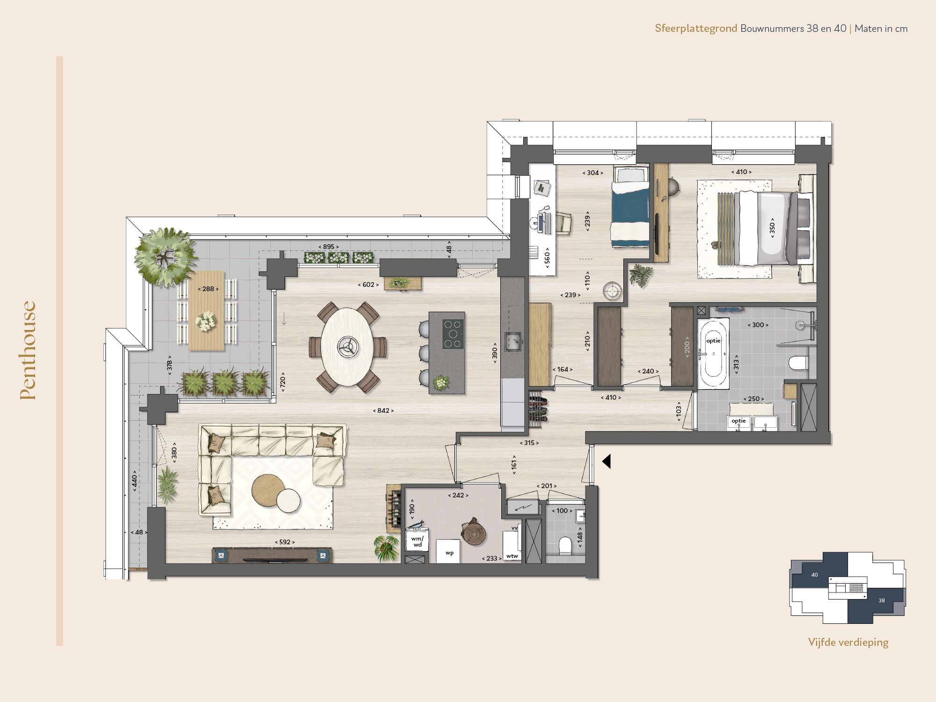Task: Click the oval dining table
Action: [x=347, y=346]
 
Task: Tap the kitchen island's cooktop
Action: [x=453, y=334]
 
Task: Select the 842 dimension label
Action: [x=383, y=410]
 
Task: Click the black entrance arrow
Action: [x=607, y=461]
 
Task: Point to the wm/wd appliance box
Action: [x=417, y=541]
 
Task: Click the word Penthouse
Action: [x=28, y=350]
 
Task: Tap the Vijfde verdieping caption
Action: [x=848, y=642]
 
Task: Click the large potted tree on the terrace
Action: [x=165, y=256]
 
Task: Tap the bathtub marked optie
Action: [x=713, y=353]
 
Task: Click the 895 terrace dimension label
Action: [x=328, y=247]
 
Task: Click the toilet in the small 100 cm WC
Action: [x=565, y=545]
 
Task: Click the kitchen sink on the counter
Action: [x=512, y=341]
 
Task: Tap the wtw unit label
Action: [x=512, y=556]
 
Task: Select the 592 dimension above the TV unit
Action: [x=285, y=542]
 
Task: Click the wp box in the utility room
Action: [x=449, y=553]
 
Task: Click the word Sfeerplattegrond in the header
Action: [x=695, y=29]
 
